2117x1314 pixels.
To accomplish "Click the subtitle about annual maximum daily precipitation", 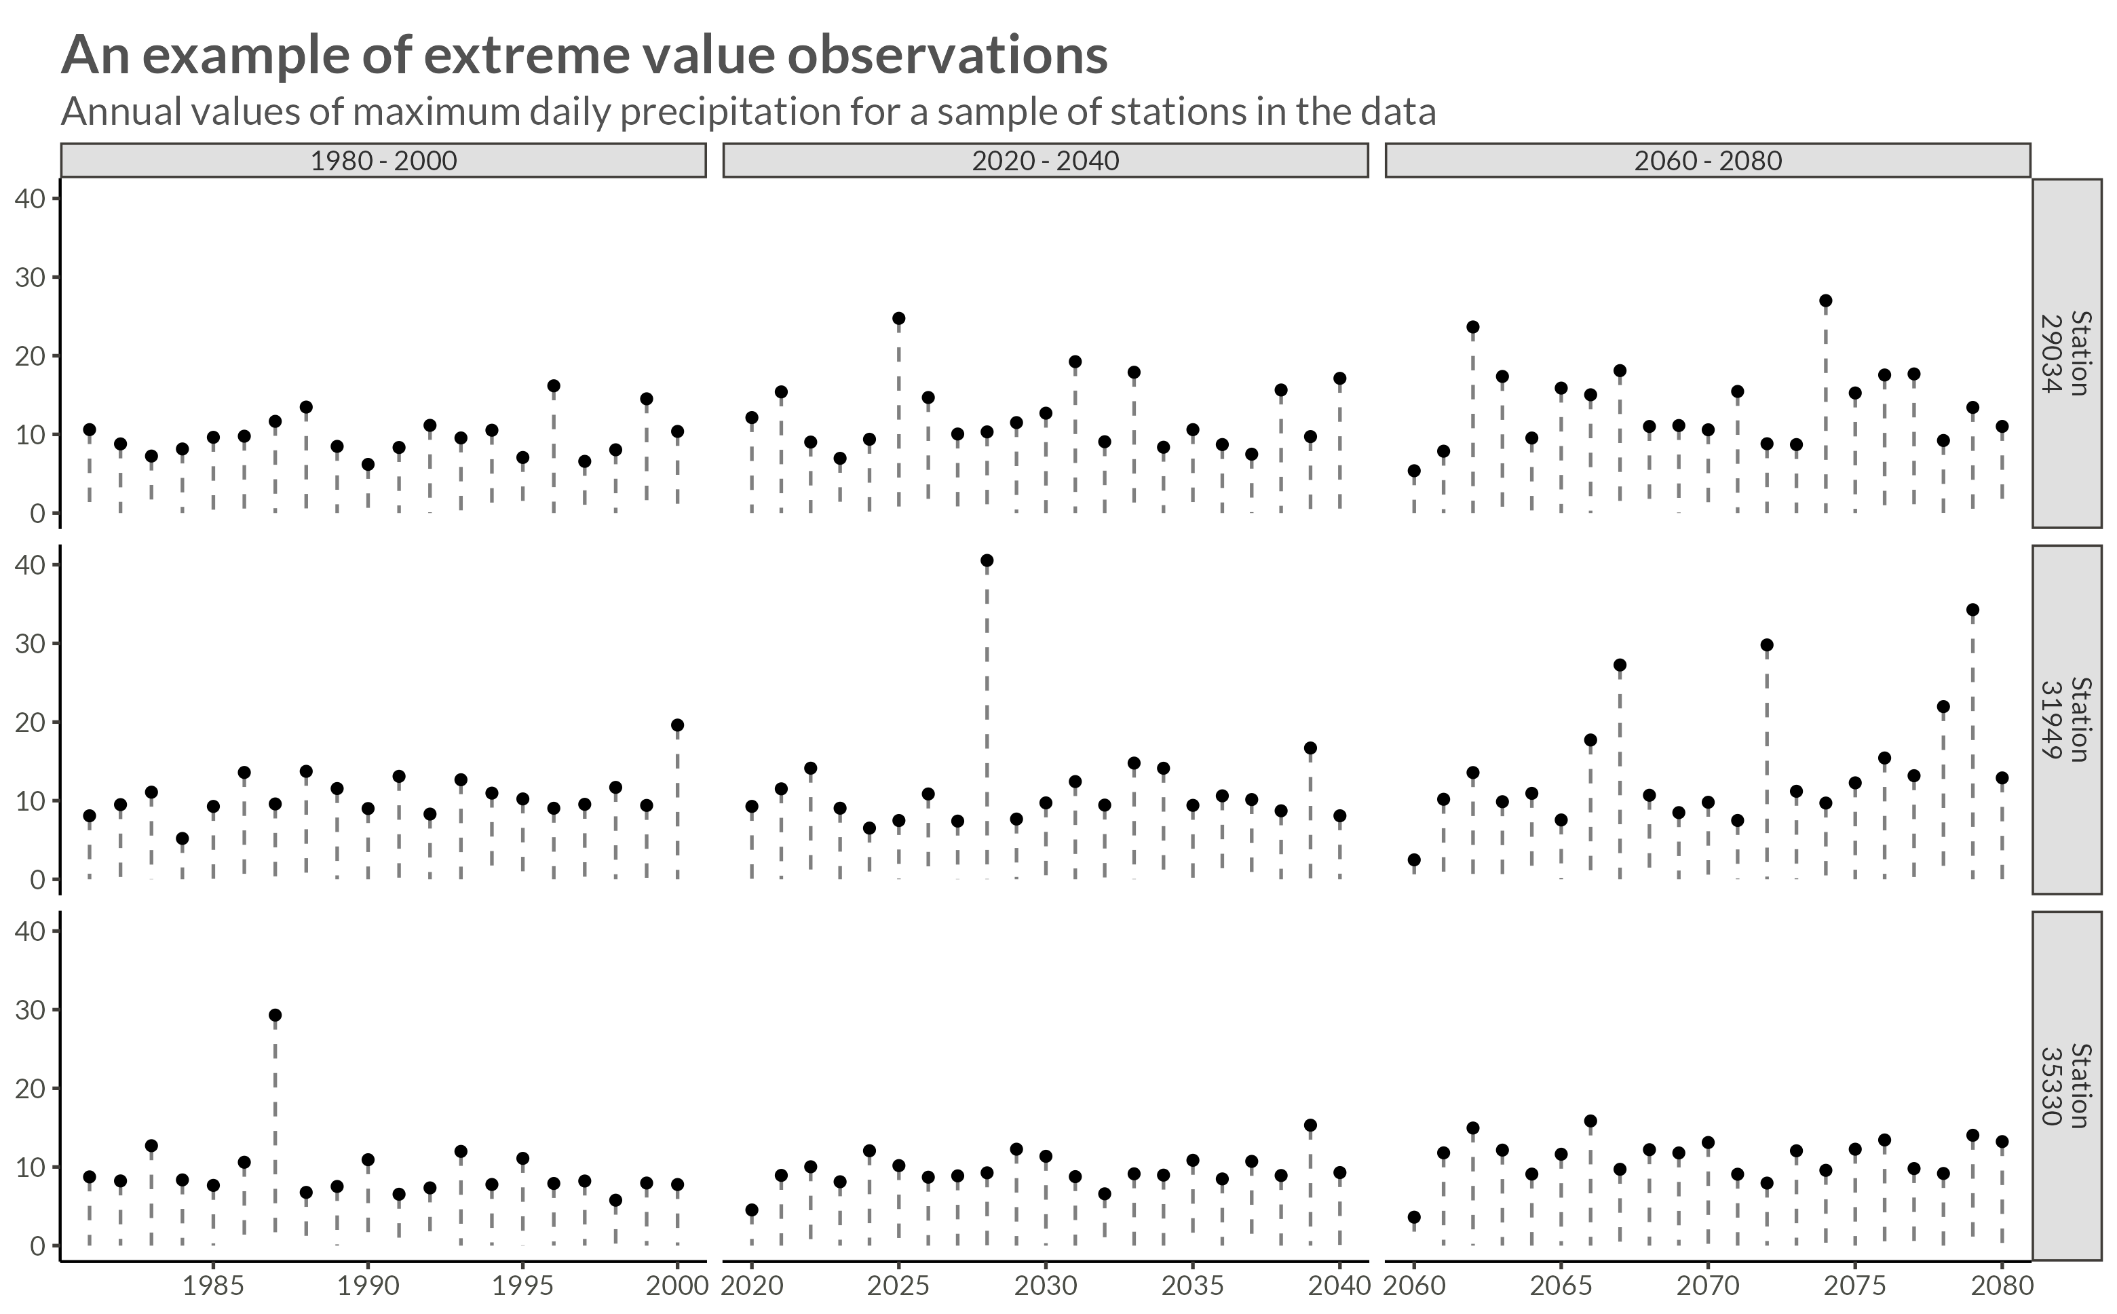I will tap(747, 111).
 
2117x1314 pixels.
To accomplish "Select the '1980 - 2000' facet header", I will tap(383, 161).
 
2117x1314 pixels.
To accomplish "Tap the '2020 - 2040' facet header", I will tap(1046, 161).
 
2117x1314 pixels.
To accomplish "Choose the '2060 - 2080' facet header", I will tap(1708, 161).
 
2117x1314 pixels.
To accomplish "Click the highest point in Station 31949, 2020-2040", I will tap(987, 560).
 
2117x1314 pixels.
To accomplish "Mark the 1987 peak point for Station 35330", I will tap(275, 1015).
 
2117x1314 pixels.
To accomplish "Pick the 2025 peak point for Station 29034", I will tap(898, 319).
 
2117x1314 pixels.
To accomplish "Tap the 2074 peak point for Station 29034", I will tap(1826, 301).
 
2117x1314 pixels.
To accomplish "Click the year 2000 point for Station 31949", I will tap(678, 724).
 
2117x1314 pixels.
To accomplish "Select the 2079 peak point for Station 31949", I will tap(1972, 610).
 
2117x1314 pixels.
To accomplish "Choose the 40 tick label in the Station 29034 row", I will tap(31, 199).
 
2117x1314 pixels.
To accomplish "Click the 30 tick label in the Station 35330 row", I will tap(31, 1010).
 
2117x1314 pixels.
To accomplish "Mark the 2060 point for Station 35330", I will tap(1414, 1218).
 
